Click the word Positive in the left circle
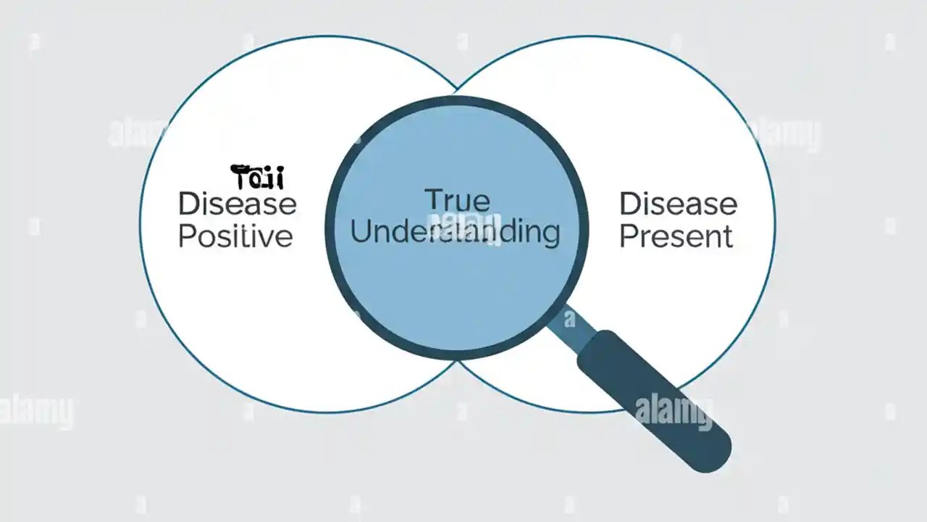tap(235, 236)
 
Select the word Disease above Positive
tap(237, 204)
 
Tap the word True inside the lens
tap(456, 200)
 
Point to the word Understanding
tap(455, 232)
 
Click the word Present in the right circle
tap(676, 236)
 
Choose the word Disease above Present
tap(678, 204)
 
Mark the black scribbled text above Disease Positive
tap(257, 177)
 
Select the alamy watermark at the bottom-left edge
tap(36, 411)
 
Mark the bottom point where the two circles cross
tap(457, 360)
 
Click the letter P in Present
tap(628, 236)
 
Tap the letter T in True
tap(432, 200)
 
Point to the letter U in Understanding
tap(360, 232)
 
